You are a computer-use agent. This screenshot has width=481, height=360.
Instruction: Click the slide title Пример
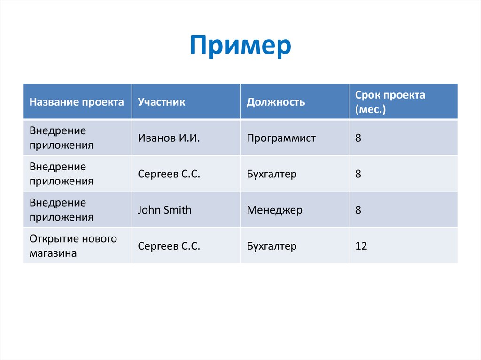240,46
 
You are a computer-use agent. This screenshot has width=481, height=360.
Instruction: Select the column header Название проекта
77,102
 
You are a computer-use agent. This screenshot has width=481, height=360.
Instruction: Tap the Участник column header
162,102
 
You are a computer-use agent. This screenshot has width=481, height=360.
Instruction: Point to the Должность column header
276,102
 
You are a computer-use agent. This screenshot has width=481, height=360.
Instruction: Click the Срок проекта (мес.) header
390,102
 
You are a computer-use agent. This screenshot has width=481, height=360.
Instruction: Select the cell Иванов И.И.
169,138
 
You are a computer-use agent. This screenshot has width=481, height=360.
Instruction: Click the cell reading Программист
281,138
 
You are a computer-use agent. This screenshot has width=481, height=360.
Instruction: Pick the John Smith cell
164,210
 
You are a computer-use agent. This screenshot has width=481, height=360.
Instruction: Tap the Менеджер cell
275,210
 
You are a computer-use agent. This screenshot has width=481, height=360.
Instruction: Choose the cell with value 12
361,246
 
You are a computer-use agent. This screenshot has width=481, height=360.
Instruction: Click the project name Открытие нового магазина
73,246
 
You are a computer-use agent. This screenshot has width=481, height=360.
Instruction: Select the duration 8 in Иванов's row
358,138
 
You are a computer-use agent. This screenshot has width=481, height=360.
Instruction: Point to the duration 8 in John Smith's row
358,210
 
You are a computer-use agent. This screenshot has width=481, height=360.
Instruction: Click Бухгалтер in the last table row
272,246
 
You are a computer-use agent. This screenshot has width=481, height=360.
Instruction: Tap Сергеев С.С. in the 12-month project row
169,246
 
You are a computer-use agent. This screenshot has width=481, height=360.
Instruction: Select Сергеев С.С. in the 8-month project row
169,174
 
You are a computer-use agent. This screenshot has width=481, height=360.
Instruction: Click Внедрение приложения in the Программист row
62,138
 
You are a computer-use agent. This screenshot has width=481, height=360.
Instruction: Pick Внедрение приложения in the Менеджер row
62,210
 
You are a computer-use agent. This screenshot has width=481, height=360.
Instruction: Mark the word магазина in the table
53,253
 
